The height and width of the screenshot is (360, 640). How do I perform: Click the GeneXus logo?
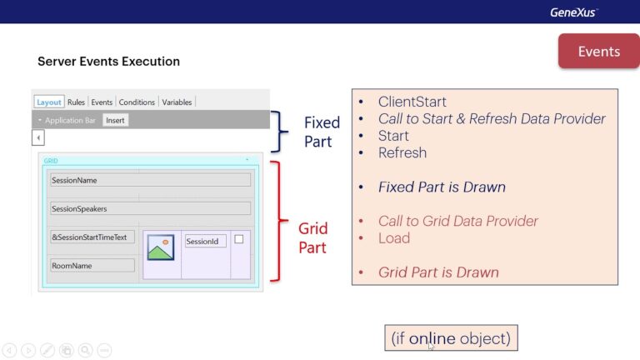click(573, 12)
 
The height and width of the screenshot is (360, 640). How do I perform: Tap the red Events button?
click(598, 52)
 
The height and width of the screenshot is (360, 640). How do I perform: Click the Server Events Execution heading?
click(108, 62)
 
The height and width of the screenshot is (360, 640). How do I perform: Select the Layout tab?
click(49, 102)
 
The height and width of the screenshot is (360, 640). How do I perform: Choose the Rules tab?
click(76, 102)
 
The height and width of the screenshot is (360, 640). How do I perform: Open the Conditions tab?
click(137, 102)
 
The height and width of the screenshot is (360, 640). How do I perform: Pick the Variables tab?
click(177, 102)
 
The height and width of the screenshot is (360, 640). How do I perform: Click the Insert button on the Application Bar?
click(115, 120)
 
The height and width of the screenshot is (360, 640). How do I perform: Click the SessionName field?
click(150, 180)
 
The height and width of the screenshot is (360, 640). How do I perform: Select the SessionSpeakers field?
click(150, 208)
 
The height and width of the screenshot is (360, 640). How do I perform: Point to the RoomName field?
click(92, 266)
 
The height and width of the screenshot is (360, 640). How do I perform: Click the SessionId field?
click(205, 242)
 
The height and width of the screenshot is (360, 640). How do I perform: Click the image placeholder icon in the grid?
click(160, 247)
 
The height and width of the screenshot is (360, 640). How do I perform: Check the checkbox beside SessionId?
click(239, 239)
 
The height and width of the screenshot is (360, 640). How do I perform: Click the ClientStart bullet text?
click(412, 102)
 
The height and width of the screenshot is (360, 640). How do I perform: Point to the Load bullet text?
click(393, 237)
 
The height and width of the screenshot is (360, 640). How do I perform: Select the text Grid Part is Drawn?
click(438, 272)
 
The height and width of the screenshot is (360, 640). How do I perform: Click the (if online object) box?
click(451, 338)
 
